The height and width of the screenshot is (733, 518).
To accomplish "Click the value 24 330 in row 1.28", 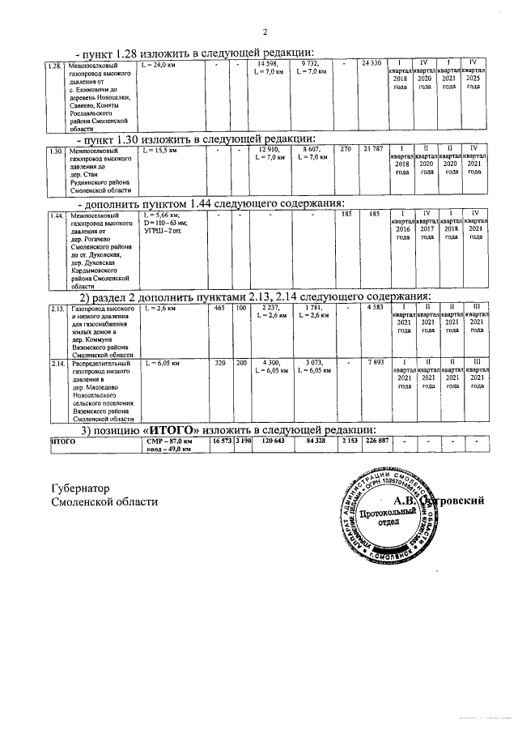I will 372,63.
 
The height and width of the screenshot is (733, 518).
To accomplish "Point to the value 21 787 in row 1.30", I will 372,151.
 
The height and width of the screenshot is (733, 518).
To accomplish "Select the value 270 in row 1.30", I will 346,151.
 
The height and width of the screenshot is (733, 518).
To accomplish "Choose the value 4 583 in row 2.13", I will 372,309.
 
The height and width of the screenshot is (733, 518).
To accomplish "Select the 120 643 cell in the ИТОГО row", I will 274,441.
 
